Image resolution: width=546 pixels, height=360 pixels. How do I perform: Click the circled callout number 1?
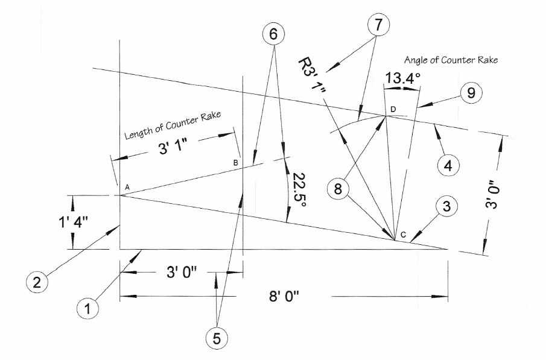point(87,309)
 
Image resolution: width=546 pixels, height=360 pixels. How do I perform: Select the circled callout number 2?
point(37,282)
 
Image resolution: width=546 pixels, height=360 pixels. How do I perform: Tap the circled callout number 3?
point(446,206)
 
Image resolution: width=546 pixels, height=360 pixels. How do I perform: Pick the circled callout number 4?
point(448,165)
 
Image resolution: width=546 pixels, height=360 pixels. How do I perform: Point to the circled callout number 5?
point(217,338)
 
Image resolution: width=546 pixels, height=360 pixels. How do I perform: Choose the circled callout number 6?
point(273,34)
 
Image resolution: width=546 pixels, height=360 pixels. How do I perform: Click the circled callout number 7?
point(378,25)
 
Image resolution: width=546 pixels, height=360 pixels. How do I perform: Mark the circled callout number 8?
point(338,189)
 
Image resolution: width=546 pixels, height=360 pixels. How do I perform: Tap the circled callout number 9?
point(471,93)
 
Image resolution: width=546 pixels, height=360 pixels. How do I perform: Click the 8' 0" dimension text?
point(284,297)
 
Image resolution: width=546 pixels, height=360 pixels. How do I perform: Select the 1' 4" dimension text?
point(74,221)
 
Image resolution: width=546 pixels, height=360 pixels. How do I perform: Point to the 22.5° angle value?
point(299,190)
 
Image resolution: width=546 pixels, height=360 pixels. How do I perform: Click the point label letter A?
point(127,188)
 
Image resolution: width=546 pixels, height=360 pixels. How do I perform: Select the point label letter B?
point(236,163)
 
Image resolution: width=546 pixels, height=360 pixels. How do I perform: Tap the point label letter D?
point(393,109)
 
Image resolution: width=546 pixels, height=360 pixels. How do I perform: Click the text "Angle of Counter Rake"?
point(451,60)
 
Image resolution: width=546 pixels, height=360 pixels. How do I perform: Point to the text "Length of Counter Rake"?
point(173,125)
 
